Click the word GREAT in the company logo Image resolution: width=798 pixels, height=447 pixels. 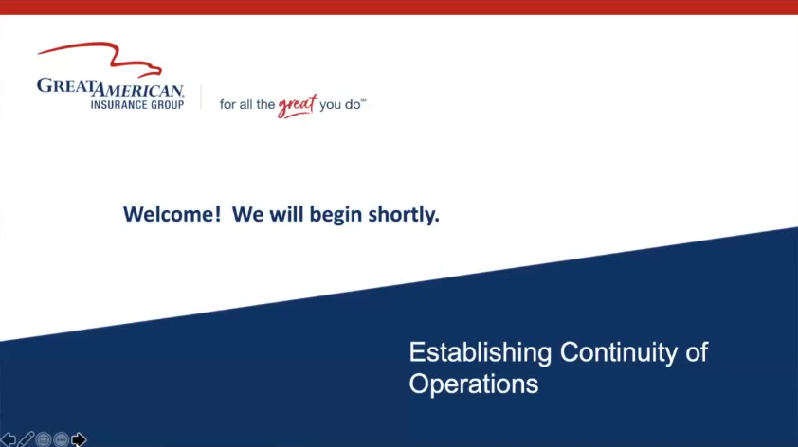tap(65, 85)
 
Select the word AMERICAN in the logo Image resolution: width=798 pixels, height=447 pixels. tap(138, 90)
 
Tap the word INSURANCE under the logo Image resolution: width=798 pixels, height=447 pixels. tap(115, 105)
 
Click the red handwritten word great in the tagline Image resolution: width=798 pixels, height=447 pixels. tap(298, 106)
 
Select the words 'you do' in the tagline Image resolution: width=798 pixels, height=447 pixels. tap(340, 104)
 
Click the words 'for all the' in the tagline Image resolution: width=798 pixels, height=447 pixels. tap(247, 104)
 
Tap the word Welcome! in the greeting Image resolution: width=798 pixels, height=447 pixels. tap(172, 214)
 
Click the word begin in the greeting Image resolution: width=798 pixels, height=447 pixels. tap(336, 215)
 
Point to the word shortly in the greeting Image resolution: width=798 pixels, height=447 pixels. tap(403, 215)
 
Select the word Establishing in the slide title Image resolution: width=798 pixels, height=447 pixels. tap(481, 353)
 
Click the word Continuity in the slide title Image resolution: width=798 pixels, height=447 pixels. tap(618, 352)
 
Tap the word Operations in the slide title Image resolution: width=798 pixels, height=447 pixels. tap(474, 384)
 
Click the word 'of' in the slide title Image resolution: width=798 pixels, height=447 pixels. tap(697, 352)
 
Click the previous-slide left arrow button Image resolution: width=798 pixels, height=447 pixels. tap(8, 438)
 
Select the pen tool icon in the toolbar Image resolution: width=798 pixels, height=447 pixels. tap(26, 438)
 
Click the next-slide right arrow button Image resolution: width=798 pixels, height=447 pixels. tap(79, 438)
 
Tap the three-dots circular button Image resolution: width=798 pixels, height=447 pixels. tap(61, 439)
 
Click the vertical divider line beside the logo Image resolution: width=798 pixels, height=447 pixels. tap(201, 97)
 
